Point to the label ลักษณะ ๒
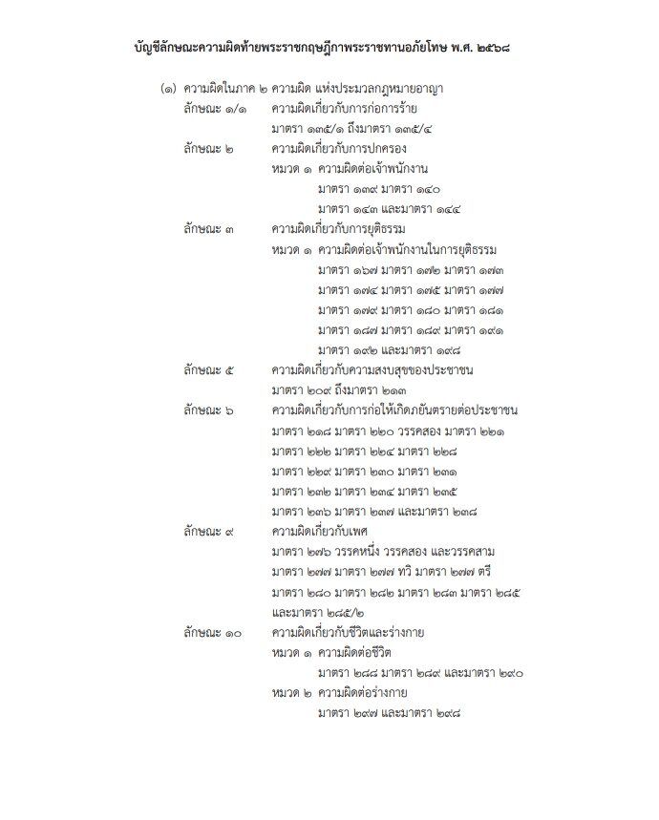[x=211, y=149]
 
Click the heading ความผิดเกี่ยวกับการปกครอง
[x=346, y=149]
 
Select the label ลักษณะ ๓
[x=211, y=229]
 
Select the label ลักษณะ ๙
[x=211, y=530]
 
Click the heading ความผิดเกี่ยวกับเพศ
[x=326, y=530]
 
